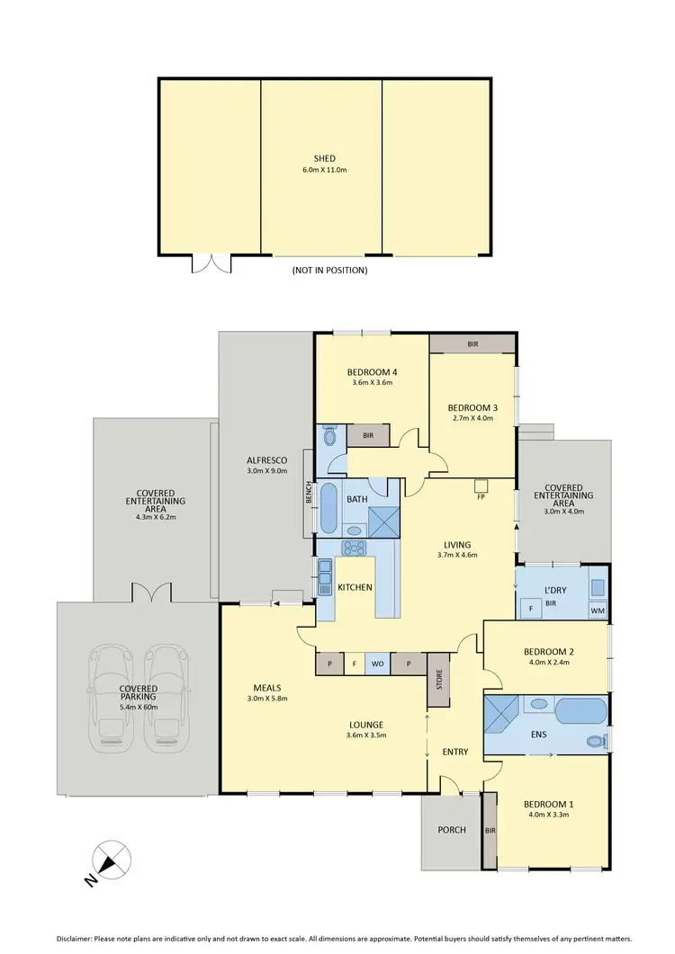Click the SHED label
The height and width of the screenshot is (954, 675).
click(325, 158)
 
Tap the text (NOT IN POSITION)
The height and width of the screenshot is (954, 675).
click(329, 270)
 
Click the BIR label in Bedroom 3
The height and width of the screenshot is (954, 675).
click(472, 343)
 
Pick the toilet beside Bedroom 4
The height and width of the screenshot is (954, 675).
click(328, 437)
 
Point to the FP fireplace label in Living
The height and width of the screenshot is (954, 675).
click(481, 497)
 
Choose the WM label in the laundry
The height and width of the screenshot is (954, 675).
click(597, 611)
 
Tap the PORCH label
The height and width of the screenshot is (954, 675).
click(452, 829)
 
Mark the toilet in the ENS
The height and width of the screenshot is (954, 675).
click(593, 742)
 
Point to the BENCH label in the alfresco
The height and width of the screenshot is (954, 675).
click(308, 493)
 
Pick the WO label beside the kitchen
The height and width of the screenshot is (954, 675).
click(378, 664)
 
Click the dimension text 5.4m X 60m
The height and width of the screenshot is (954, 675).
click(139, 707)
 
